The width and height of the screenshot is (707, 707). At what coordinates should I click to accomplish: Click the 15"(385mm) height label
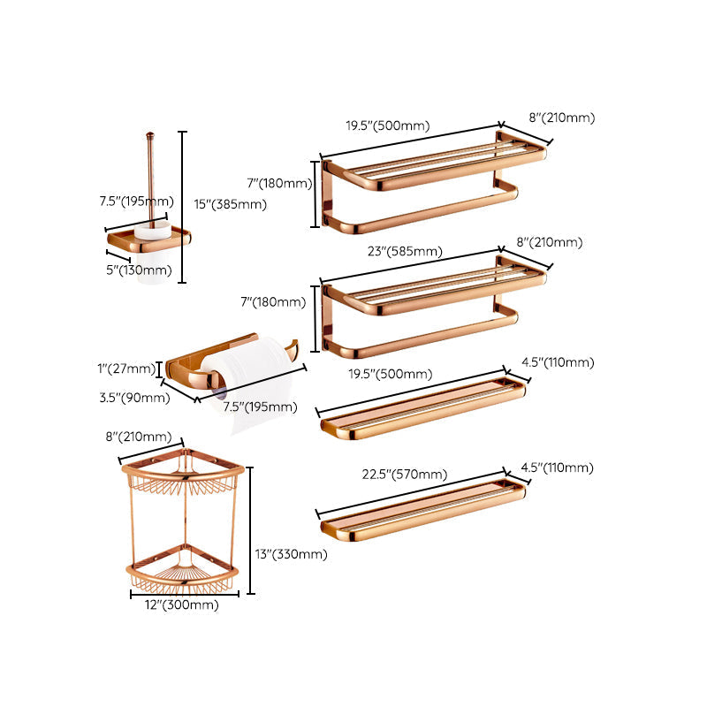[231, 204]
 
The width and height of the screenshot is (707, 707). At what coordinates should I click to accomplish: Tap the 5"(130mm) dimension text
[139, 270]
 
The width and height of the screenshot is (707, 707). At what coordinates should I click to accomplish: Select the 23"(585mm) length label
[405, 251]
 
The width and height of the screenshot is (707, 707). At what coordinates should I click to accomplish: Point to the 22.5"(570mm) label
[405, 475]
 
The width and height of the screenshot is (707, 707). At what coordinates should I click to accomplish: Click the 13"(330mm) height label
[292, 554]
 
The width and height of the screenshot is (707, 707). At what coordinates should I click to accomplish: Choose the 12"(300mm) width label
[182, 604]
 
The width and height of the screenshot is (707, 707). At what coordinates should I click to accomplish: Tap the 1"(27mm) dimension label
[126, 369]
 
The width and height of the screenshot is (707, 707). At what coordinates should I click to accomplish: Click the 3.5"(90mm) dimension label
[135, 398]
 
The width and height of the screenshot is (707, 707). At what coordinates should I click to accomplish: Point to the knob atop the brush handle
[149, 134]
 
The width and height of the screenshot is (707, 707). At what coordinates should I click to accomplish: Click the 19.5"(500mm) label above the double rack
[388, 125]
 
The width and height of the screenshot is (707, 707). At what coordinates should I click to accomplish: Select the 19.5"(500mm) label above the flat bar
[391, 374]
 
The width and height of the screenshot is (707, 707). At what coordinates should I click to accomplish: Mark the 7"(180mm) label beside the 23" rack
[273, 301]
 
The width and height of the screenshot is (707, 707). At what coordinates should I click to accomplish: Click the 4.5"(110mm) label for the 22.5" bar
[558, 468]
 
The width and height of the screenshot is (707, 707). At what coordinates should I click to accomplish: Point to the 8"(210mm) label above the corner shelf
[139, 437]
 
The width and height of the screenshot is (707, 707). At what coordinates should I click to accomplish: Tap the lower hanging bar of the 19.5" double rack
[421, 210]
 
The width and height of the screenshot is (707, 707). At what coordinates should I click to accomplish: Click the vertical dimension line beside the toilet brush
[182, 208]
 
